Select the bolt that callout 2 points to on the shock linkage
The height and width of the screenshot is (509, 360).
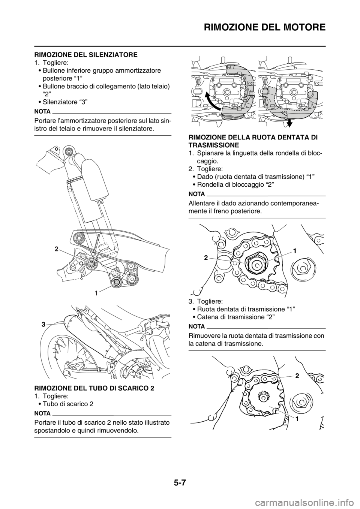[90, 264]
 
